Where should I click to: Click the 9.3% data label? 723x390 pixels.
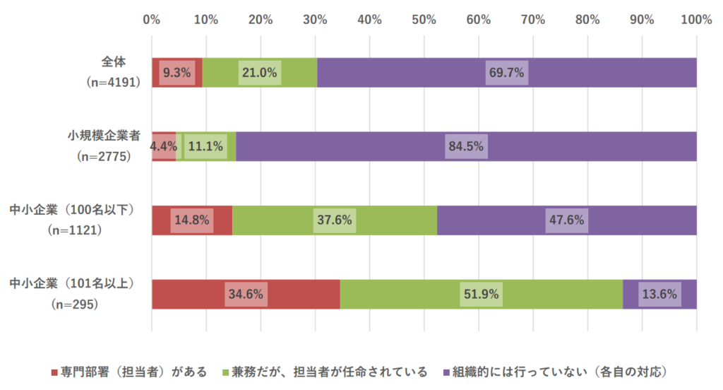[x=176, y=72]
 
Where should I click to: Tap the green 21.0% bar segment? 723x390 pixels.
[x=260, y=72]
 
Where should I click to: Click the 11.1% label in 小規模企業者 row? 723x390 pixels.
[x=205, y=147]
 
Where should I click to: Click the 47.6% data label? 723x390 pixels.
[x=566, y=220]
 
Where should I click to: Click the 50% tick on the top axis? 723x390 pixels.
[x=424, y=20]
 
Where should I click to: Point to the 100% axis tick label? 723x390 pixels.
[x=696, y=20]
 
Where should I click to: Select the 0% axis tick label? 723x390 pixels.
[x=152, y=20]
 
